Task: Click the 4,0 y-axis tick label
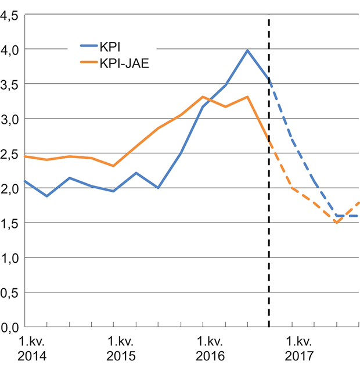(10, 50)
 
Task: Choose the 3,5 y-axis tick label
(10, 85)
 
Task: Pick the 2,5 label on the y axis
(10, 154)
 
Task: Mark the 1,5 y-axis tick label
(10, 223)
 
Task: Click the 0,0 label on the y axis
(10, 327)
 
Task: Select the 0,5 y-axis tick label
(10, 292)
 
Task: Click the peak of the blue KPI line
(247, 51)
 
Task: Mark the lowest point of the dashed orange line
(336, 223)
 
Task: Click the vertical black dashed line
(269, 174)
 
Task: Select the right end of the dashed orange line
(358, 203)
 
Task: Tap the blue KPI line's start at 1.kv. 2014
(25, 181)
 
